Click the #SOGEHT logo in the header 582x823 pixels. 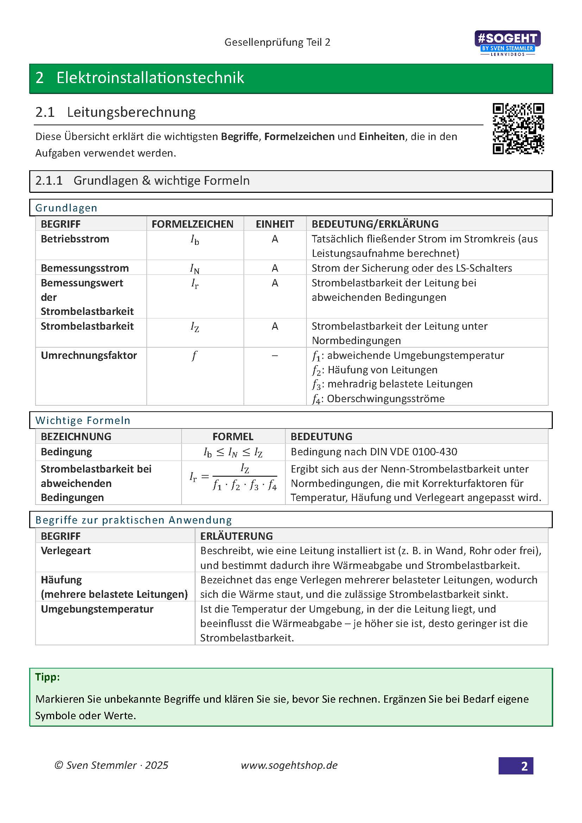pyautogui.click(x=507, y=43)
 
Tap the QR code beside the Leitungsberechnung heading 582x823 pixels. pyautogui.click(x=518, y=129)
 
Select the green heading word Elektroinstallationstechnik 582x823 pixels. pyautogui.click(x=150, y=78)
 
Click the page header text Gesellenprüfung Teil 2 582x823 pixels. pyautogui.click(x=277, y=42)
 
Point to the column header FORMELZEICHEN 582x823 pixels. pyautogui.click(x=192, y=224)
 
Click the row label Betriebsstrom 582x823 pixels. pyautogui.click(x=75, y=239)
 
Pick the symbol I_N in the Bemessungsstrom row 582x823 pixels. pyautogui.click(x=195, y=268)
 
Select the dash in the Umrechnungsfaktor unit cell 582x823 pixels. pyautogui.click(x=274, y=356)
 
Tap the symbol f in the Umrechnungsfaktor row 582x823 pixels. pyautogui.click(x=194, y=356)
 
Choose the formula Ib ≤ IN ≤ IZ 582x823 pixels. pyautogui.click(x=233, y=452)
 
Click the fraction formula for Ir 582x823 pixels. pyautogui.click(x=233, y=477)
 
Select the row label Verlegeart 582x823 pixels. pyautogui.click(x=65, y=551)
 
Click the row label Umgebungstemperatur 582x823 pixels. pyautogui.click(x=97, y=609)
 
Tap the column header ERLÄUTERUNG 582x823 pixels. pyautogui.click(x=236, y=536)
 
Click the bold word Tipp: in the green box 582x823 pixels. pyautogui.click(x=47, y=677)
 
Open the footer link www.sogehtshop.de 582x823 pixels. pyautogui.click(x=289, y=765)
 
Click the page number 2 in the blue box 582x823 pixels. pyautogui.click(x=524, y=766)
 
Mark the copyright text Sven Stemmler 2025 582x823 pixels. pyautogui.click(x=112, y=765)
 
